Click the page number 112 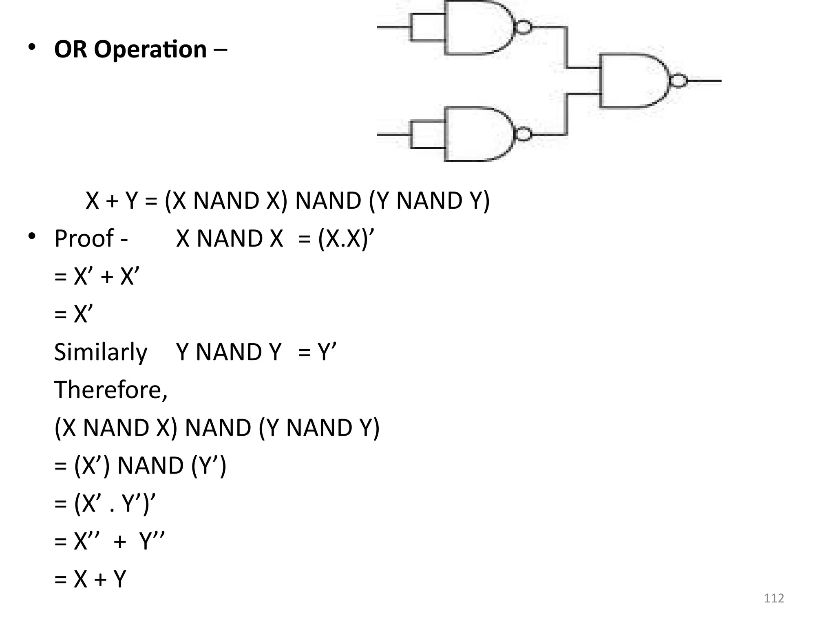point(773,598)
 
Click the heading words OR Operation point(130,49)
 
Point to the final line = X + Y point(90,579)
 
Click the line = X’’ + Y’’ point(109,541)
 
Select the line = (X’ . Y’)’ point(105,503)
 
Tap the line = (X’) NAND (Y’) point(140,465)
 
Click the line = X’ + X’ point(97,276)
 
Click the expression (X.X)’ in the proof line point(346,238)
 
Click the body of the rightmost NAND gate point(632,81)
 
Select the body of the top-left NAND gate point(477,28)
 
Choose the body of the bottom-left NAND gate point(477,134)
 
